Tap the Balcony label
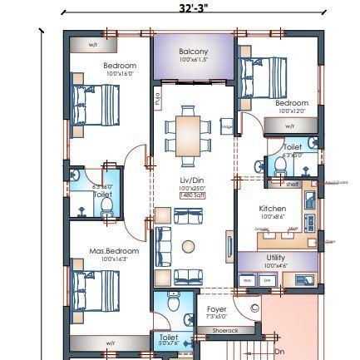click(x=194, y=52)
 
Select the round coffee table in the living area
click(x=189, y=246)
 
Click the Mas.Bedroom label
click(x=114, y=250)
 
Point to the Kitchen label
click(x=272, y=209)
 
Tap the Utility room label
click(x=276, y=258)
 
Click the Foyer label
click(x=216, y=309)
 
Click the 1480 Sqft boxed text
click(x=192, y=195)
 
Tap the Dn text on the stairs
click(x=279, y=352)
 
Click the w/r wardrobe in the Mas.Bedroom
click(x=110, y=343)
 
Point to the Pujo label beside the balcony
click(x=158, y=100)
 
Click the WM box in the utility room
click(x=248, y=281)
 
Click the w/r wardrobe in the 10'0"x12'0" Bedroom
click(x=290, y=126)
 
